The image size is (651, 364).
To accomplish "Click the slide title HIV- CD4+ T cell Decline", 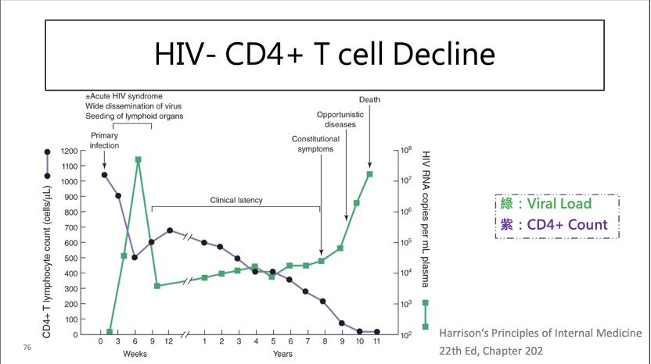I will coord(325,54).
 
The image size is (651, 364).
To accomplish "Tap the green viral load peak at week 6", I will coord(138,160).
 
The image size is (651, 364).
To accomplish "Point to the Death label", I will coord(369,99).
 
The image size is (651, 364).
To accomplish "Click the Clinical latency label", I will coord(236,200).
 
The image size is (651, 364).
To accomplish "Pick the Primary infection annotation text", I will coord(104,141).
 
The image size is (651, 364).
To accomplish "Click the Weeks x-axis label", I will coord(135,354).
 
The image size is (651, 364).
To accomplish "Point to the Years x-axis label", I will coord(282,354).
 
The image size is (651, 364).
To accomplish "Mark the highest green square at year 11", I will coord(369,174).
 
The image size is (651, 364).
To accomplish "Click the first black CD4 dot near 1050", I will coord(104,175).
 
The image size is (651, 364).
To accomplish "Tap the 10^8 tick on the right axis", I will coord(406,150).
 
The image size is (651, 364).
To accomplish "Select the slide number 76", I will coord(28,346).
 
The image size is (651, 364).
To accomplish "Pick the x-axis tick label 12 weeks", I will coord(169,341).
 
